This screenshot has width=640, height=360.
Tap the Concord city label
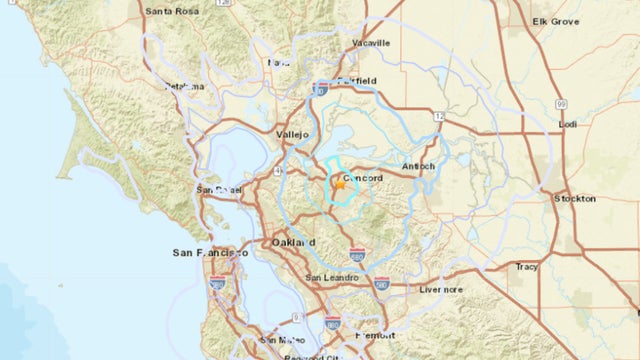(x=363, y=177)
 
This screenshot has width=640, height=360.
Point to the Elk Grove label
(x=555, y=20)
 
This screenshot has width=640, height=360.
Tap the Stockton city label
(x=575, y=198)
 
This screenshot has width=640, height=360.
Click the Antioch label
(x=418, y=165)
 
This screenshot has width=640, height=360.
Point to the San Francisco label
(x=210, y=253)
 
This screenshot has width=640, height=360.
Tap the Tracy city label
(x=526, y=266)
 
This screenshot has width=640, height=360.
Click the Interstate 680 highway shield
(x=358, y=252)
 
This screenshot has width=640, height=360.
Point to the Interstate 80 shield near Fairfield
(x=321, y=88)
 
